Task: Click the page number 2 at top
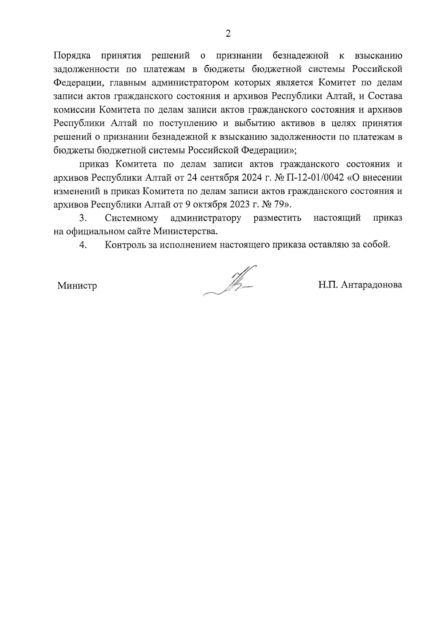[228, 34]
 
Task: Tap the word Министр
[77, 286]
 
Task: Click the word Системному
[132, 218]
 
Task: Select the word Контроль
[125, 245]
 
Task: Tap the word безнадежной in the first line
[300, 56]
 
